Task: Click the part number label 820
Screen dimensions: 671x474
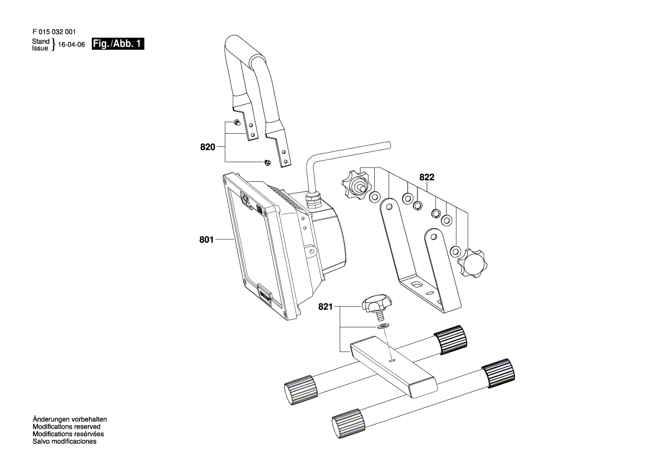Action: pos(208,147)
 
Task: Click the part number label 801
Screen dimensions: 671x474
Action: pos(206,239)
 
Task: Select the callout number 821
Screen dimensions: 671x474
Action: pos(325,307)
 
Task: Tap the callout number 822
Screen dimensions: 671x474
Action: pos(426,177)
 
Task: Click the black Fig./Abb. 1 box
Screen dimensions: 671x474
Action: pos(118,44)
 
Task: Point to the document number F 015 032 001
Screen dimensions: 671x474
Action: pos(55,32)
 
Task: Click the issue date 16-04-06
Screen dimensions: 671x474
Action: pos(72,45)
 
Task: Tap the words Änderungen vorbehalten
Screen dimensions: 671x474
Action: pos(70,419)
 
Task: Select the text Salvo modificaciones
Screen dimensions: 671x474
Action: pos(65,441)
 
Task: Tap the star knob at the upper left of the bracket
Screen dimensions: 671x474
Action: pos(355,184)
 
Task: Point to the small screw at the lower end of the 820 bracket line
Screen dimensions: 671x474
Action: pos(267,162)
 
